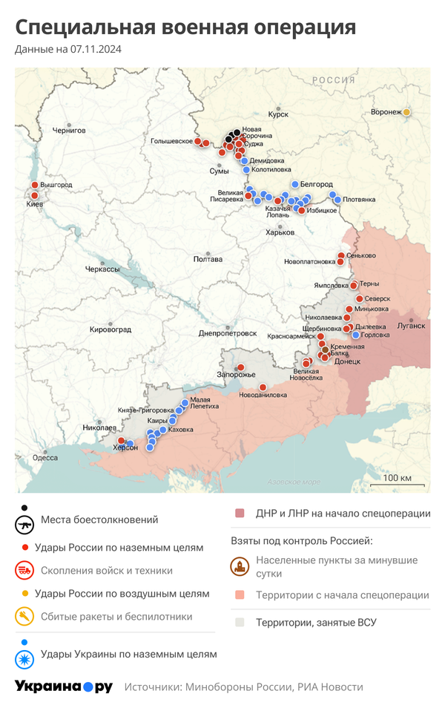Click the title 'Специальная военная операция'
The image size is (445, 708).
(185, 27)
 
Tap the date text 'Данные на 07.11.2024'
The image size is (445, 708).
(68, 50)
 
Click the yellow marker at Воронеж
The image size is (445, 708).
(406, 112)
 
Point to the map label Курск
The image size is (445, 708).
(278, 116)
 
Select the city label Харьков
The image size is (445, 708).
(280, 232)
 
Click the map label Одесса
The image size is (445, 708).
(44, 458)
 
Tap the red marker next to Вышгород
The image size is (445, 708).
(34, 185)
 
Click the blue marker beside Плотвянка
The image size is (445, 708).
(337, 199)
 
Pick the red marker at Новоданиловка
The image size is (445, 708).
(263, 387)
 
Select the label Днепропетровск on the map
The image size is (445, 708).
(227, 333)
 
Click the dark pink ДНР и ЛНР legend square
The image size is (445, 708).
(240, 514)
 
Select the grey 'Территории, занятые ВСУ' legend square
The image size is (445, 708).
(240, 623)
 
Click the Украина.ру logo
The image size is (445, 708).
(64, 686)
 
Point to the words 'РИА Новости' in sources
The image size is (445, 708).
(331, 687)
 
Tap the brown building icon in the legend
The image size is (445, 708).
(240, 568)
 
